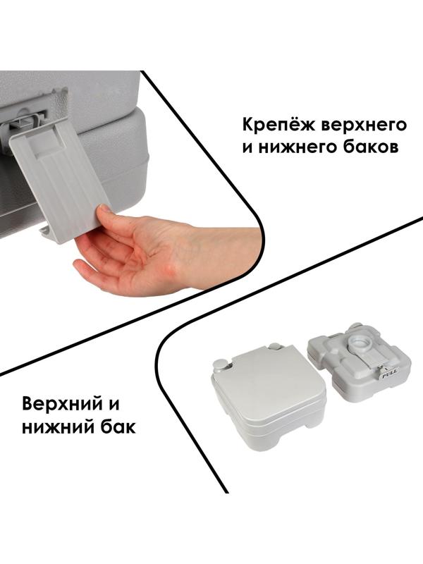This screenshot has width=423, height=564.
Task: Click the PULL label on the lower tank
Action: pos(388,376)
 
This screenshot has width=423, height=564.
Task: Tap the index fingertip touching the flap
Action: pos(104,209)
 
